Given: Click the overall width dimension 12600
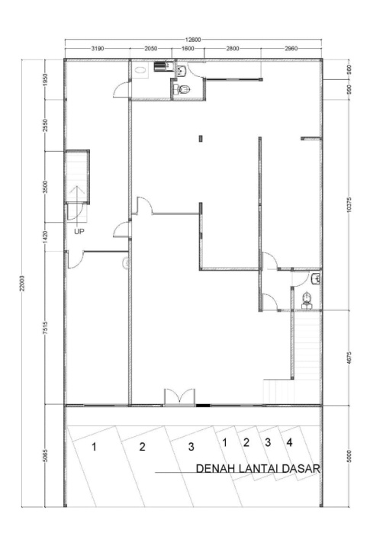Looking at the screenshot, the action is tap(193, 40).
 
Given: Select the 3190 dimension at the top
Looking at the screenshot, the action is tap(98, 49).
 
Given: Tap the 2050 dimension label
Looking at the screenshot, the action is tap(150, 49).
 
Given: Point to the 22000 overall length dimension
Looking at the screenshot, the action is tap(22, 283).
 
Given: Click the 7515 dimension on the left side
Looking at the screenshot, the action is tap(45, 329).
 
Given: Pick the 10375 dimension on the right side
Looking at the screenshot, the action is tap(349, 204).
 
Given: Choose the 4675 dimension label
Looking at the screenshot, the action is tap(349, 358).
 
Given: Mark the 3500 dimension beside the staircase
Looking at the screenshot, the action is tap(45, 186).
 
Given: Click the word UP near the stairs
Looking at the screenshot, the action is tap(79, 232).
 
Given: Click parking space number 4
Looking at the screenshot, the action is tap(289, 442).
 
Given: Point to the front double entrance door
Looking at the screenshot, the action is tap(179, 397).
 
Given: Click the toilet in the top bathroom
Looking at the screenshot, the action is tap(185, 90).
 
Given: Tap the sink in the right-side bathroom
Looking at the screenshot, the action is tap(316, 279).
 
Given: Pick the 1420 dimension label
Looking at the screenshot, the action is tap(45, 236).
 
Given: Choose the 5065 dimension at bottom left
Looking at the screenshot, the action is tap(45, 456).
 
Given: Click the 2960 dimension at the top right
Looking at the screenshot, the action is tap(291, 49).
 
